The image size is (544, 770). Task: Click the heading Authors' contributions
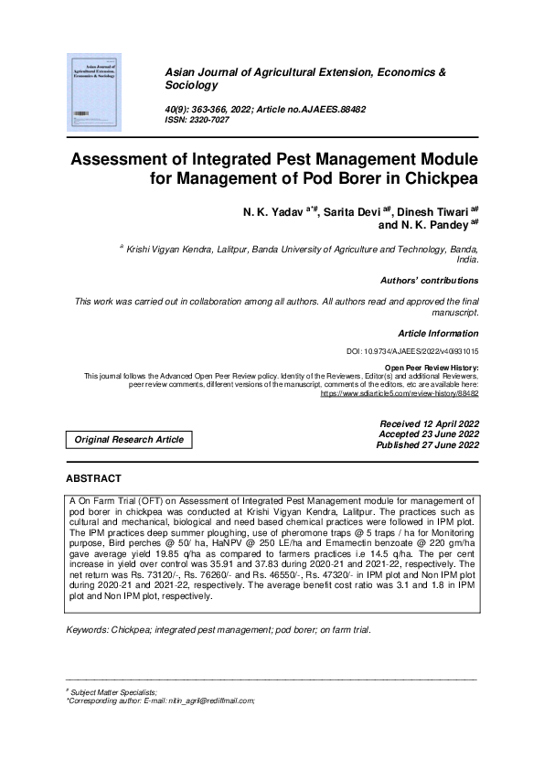(428, 280)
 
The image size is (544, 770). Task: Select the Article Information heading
(438, 333)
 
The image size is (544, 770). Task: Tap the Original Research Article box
(129, 440)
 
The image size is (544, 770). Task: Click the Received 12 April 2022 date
(428, 423)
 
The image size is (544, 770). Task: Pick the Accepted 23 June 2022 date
(428, 434)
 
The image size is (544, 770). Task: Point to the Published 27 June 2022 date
(427, 445)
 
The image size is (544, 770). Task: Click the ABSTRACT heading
(94, 478)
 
